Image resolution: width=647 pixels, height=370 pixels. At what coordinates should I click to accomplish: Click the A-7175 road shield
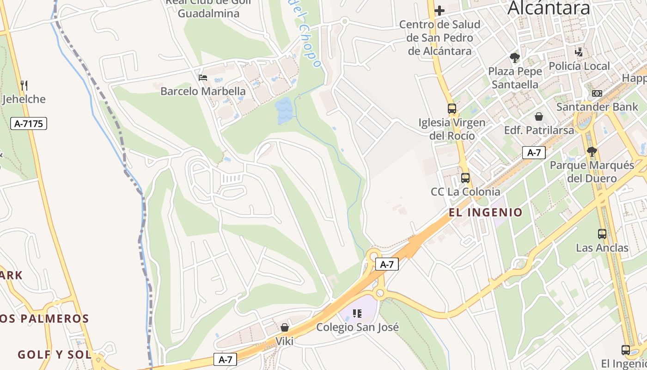click(x=29, y=123)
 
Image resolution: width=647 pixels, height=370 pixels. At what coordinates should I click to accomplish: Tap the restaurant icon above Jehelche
click(x=24, y=85)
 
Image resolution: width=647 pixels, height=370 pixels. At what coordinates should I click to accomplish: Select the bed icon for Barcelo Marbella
click(x=202, y=77)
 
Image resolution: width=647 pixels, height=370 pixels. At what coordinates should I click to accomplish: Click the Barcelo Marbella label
click(x=203, y=91)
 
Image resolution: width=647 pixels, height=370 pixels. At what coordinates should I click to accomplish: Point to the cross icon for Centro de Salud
click(x=439, y=10)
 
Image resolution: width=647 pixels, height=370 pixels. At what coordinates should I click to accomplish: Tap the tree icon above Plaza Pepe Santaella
click(x=514, y=58)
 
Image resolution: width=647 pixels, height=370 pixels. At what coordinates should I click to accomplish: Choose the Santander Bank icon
click(x=597, y=93)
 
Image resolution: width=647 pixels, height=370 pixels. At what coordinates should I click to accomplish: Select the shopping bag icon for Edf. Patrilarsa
click(x=538, y=117)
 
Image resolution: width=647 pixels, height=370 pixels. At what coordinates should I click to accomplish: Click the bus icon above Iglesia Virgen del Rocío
click(x=452, y=109)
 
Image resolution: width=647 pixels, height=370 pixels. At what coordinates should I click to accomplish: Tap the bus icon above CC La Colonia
click(x=465, y=178)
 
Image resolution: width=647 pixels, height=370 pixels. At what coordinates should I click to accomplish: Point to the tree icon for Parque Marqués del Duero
click(x=592, y=151)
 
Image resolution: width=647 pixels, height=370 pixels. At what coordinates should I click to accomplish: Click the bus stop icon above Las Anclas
click(x=602, y=234)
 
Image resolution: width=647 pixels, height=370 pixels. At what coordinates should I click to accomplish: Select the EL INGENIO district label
click(x=485, y=213)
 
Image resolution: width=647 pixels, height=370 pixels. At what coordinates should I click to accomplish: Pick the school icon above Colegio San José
click(x=357, y=314)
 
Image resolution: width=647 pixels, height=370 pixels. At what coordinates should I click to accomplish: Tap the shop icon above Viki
click(x=285, y=327)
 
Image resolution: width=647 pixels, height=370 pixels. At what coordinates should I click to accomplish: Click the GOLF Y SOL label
click(x=54, y=355)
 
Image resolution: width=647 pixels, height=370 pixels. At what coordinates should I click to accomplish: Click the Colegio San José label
click(x=357, y=327)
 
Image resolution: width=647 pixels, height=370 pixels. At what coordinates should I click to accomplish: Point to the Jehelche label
click(x=24, y=99)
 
